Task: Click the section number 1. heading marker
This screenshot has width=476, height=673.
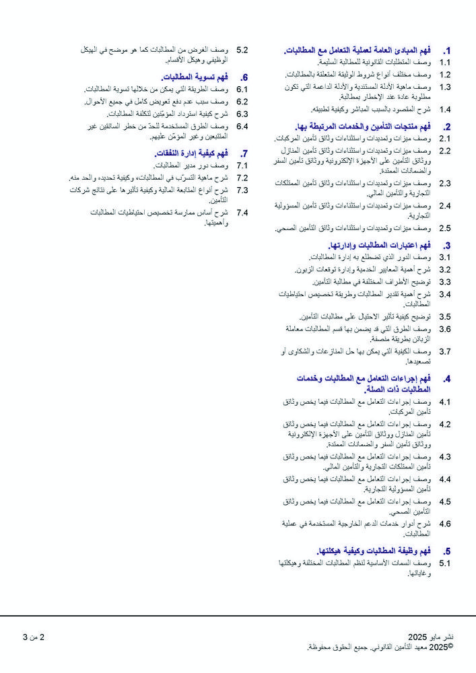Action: click(x=446, y=50)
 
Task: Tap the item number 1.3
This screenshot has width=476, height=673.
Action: click(x=445, y=87)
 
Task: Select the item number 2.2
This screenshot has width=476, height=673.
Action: click(x=445, y=150)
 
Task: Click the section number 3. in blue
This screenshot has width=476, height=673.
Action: click(x=446, y=246)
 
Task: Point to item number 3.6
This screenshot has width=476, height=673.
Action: click(x=445, y=329)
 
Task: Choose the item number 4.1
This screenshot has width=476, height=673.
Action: click(x=445, y=402)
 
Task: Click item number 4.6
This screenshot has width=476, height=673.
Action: click(x=445, y=524)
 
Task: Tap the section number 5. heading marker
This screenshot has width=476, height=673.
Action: click(x=446, y=551)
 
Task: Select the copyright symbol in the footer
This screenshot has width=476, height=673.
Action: click(x=450, y=646)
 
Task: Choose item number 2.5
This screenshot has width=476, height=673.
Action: click(x=445, y=228)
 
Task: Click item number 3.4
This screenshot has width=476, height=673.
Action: click(x=445, y=294)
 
